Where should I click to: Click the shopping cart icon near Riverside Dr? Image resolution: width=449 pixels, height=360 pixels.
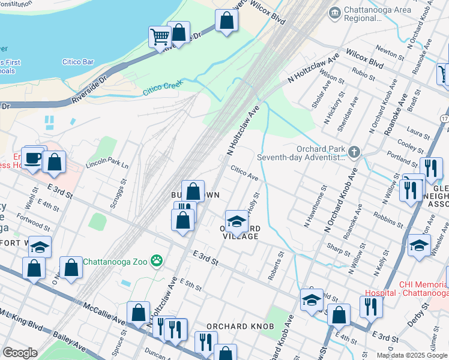click(x=160, y=37)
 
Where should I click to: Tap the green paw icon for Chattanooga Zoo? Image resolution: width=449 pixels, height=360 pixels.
click(x=157, y=261)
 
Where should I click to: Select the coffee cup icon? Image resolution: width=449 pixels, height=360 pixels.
click(x=32, y=159)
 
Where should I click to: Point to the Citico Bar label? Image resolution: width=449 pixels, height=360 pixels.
click(x=78, y=61)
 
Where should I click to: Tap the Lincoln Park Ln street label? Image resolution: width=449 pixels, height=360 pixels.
click(x=107, y=164)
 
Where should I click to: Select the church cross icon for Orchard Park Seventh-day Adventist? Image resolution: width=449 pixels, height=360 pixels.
click(x=354, y=152)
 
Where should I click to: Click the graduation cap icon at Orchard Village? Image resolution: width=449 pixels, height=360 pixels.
click(x=237, y=221)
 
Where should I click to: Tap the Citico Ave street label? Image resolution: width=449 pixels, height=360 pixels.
click(x=244, y=174)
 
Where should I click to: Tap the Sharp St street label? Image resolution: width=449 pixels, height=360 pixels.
click(x=339, y=247)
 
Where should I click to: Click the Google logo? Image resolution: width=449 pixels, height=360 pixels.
click(x=20, y=352)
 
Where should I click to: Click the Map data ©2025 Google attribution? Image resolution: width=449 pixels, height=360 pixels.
click(x=411, y=355)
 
